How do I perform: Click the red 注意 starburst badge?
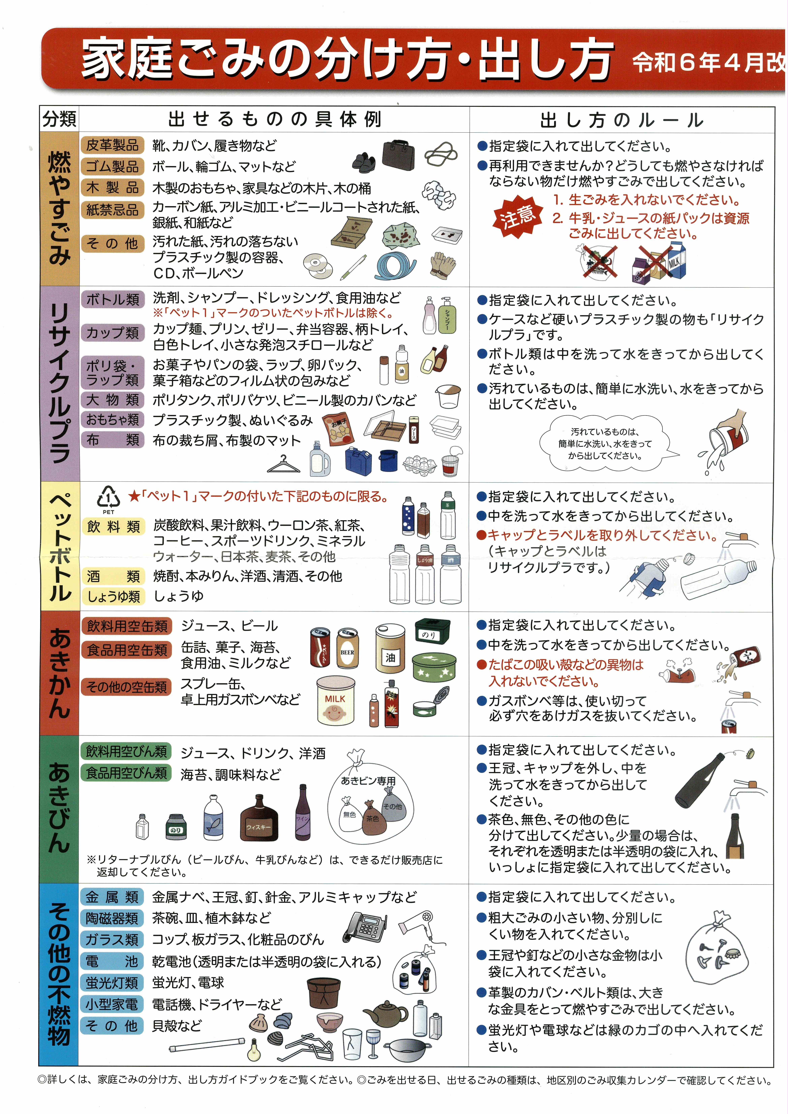(517, 216)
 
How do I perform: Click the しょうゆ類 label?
(114, 596)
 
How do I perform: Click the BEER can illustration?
(348, 648)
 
